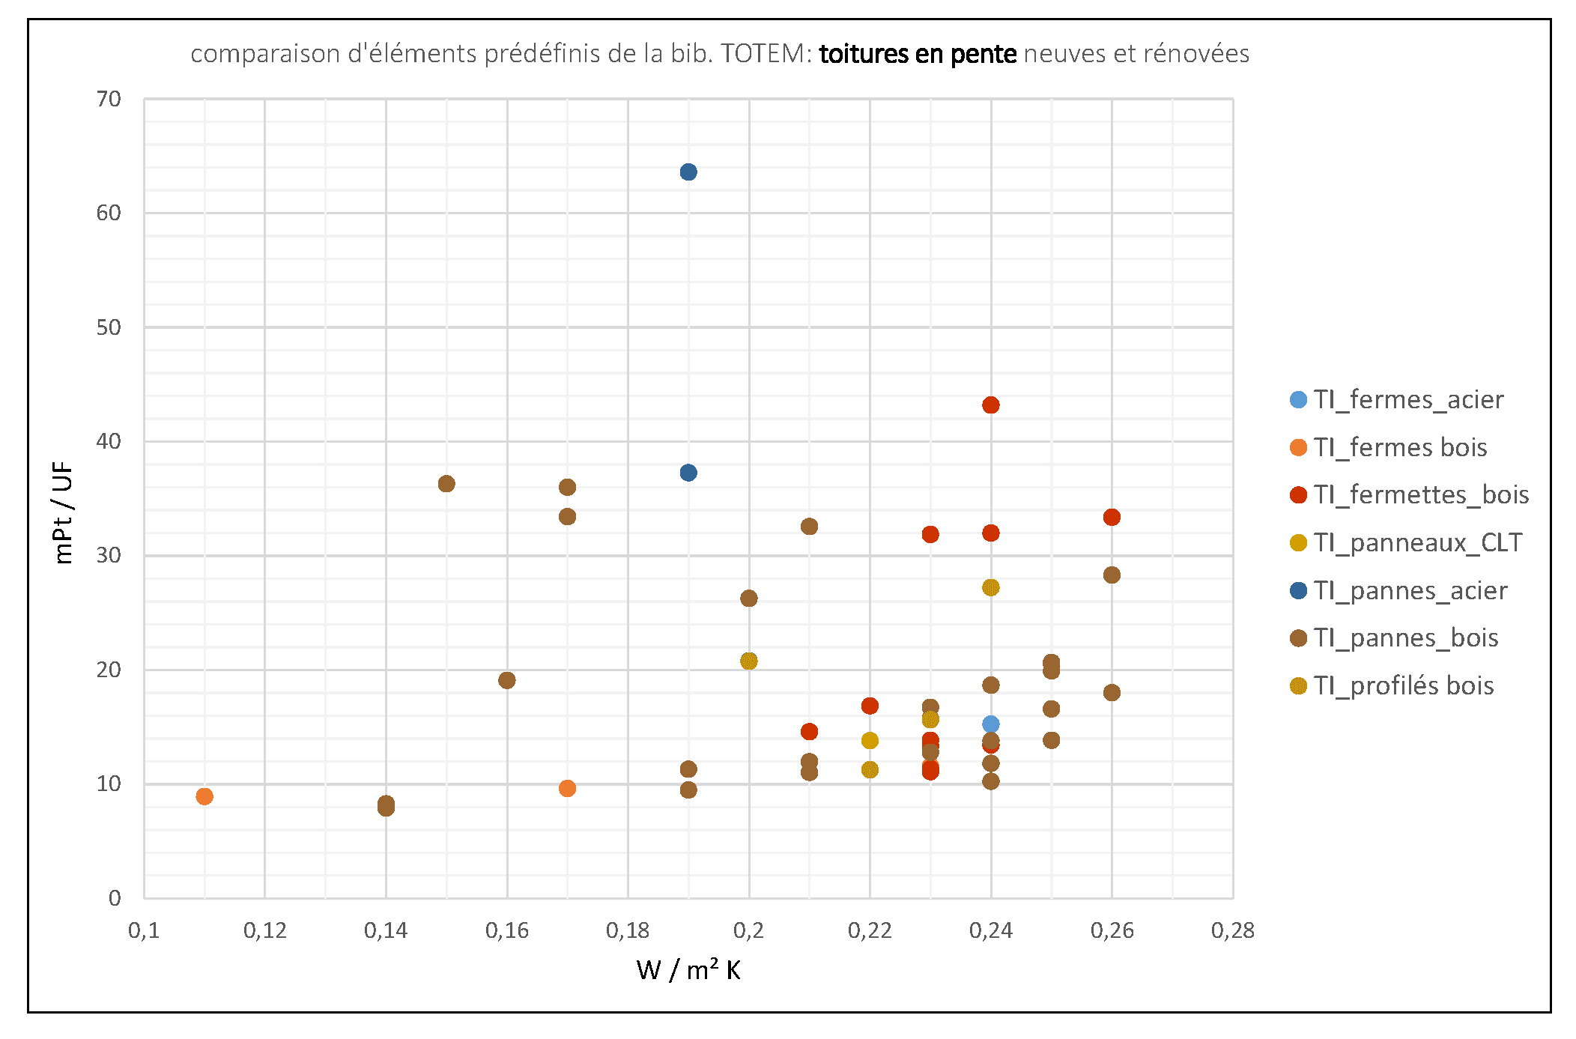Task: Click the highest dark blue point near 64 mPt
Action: pos(688,172)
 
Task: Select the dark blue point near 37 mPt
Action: pos(688,473)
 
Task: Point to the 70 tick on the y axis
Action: pos(109,100)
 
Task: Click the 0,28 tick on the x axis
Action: pos(1233,930)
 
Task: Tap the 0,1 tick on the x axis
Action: pos(144,930)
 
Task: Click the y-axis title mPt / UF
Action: pos(64,512)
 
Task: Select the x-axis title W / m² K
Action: pos(688,971)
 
